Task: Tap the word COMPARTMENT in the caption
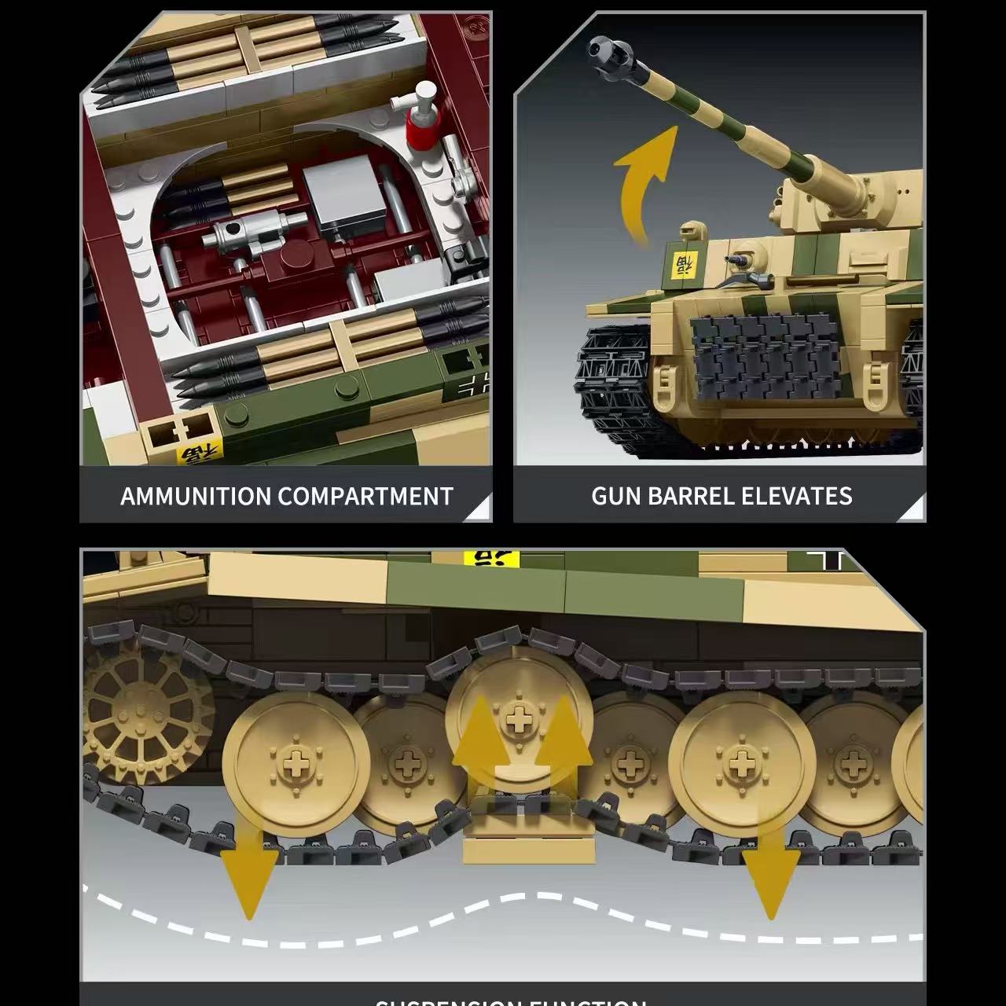pyautogui.click(x=365, y=497)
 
